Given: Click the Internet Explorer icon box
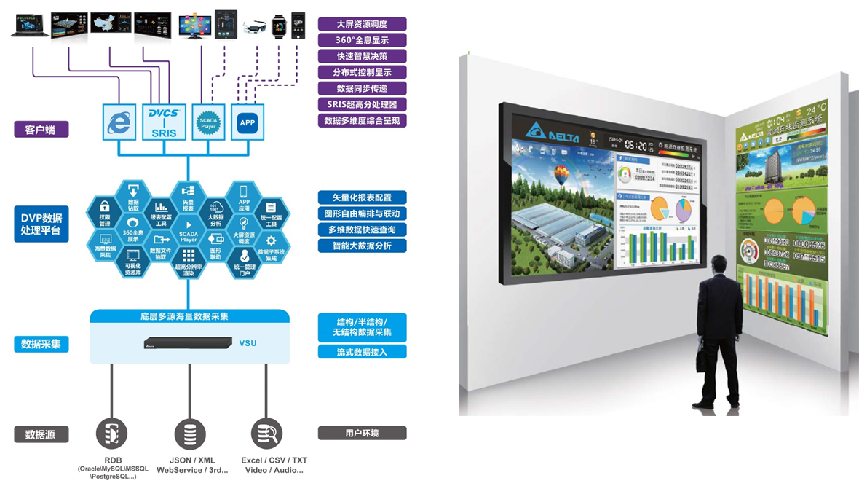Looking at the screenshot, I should pyautogui.click(x=116, y=121).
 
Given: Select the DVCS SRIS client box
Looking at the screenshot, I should pyautogui.click(x=165, y=120).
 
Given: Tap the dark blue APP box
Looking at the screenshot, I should pyautogui.click(x=248, y=122).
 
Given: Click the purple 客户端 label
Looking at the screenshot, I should pyautogui.click(x=41, y=130).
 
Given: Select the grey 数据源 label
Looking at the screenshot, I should pyautogui.click(x=41, y=434).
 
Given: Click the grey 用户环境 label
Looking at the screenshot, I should pyautogui.click(x=362, y=434).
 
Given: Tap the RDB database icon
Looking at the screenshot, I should pyautogui.click(x=112, y=434).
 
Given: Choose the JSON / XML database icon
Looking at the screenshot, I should pyautogui.click(x=189, y=435).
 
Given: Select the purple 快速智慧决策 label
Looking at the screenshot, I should pyautogui.click(x=362, y=56).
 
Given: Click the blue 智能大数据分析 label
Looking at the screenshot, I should pyautogui.click(x=362, y=246).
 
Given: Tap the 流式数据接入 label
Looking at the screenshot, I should pyautogui.click(x=362, y=352).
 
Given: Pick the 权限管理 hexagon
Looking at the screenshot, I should pyautogui.click(x=104, y=211).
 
